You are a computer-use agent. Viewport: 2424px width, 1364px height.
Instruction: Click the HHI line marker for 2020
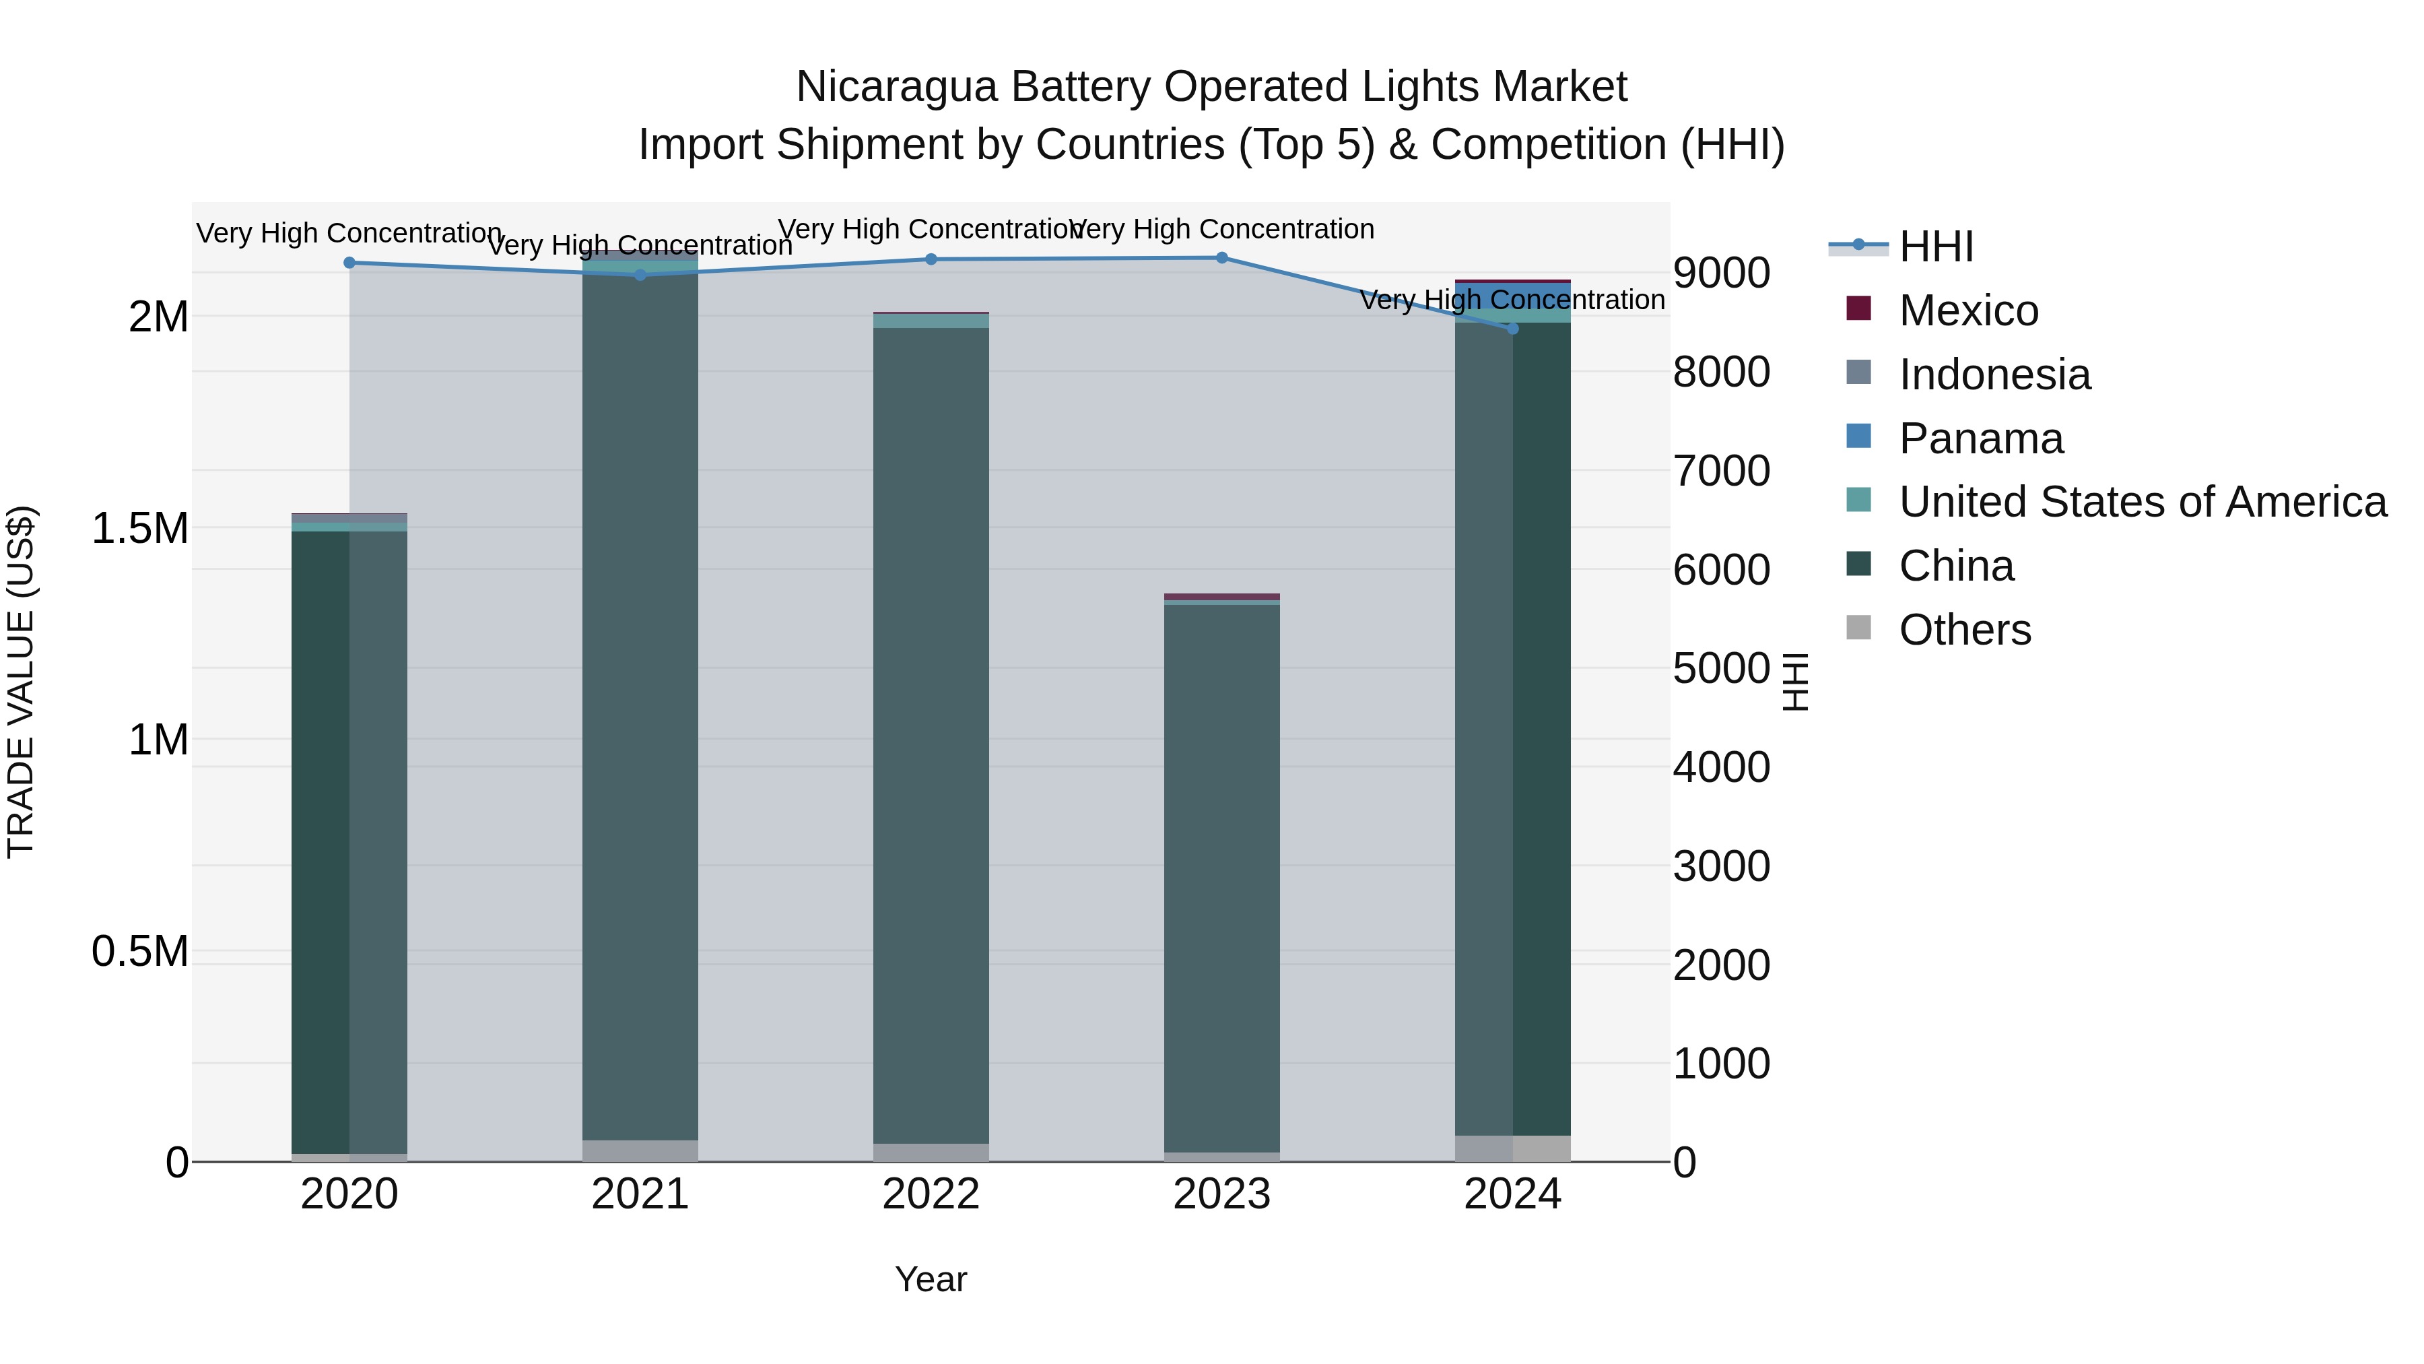tap(349, 263)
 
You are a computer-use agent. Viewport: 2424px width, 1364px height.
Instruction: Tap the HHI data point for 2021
tap(640, 275)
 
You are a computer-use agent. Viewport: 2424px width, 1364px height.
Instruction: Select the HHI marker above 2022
tap(931, 259)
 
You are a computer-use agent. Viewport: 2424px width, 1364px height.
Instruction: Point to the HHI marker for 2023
tap(1221, 258)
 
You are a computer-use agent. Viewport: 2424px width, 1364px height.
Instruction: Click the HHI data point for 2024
tap(1512, 329)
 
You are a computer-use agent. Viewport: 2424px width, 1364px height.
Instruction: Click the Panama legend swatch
tap(1858, 436)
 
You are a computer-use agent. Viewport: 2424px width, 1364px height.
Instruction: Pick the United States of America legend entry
tap(2142, 502)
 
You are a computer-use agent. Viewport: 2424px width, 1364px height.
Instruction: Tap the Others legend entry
tap(1965, 630)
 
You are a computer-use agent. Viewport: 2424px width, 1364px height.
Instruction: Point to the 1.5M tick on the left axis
tap(139, 528)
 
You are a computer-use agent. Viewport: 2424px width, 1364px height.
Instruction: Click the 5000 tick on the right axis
tap(1721, 668)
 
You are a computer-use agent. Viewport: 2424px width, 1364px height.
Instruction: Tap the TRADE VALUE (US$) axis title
tap(21, 682)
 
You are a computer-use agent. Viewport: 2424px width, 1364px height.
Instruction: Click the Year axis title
tap(931, 1279)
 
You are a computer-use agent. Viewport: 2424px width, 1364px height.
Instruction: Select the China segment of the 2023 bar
tap(1221, 876)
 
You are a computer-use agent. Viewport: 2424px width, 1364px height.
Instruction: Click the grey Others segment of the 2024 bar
tap(1512, 1148)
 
